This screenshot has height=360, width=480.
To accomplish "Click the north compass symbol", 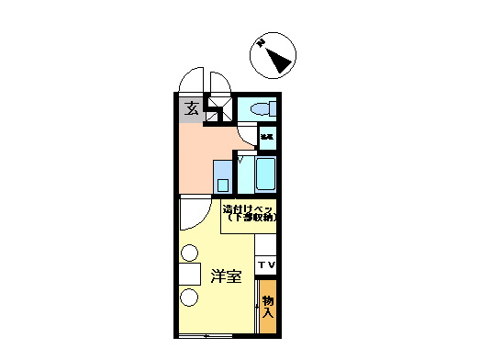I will pyautogui.click(x=273, y=56).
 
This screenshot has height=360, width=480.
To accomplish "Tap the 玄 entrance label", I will pyautogui.click(x=192, y=109).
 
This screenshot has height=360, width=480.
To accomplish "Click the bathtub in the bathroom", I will pyautogui.click(x=265, y=172).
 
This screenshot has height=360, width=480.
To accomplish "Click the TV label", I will pyautogui.click(x=265, y=266).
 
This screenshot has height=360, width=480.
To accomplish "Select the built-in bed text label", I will pyautogui.click(x=249, y=214).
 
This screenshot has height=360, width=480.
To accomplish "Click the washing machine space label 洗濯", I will pyautogui.click(x=266, y=137).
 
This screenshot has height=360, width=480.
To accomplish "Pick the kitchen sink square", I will pyautogui.click(x=223, y=174).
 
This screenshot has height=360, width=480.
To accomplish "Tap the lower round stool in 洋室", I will pyautogui.click(x=189, y=298).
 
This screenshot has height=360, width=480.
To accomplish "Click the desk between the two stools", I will pyautogui.click(x=190, y=274).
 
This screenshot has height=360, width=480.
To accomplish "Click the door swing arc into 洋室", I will pyautogui.click(x=195, y=214).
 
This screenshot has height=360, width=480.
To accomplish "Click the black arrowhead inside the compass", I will pyautogui.click(x=279, y=62).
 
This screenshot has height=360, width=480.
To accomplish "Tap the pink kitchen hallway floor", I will pyautogui.click(x=204, y=152).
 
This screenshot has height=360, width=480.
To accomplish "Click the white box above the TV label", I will pyautogui.click(x=265, y=246).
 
